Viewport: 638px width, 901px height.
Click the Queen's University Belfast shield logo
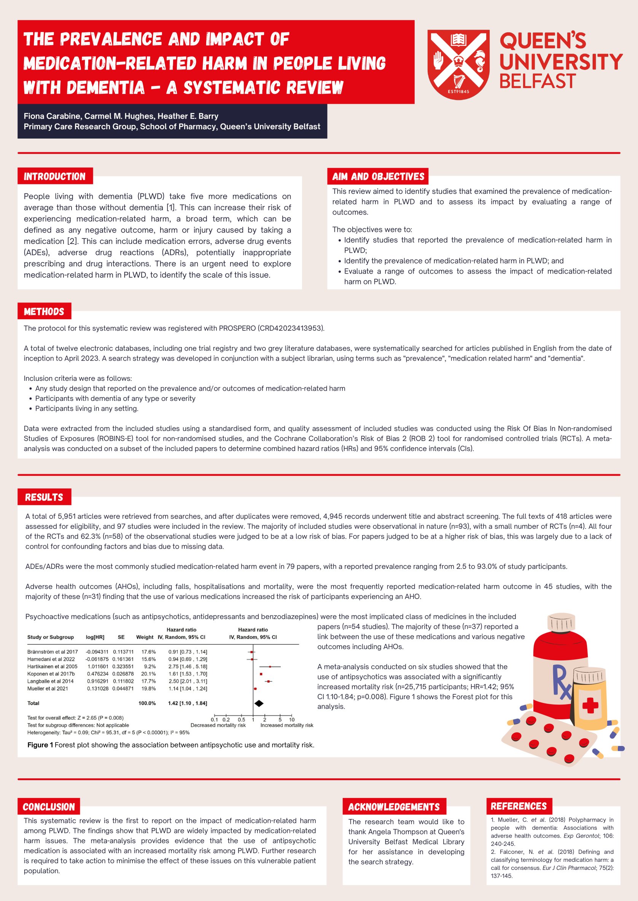pos(458,64)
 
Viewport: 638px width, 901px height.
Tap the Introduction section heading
pos(55,177)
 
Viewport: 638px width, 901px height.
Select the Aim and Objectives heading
pos(378,177)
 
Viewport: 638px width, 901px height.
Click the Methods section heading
pos(44,312)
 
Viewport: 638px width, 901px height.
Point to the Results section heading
pos(44,497)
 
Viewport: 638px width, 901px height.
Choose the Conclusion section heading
pos(49,807)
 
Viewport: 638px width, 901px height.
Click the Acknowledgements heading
pos(394,807)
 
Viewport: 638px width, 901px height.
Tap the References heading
pos(519,806)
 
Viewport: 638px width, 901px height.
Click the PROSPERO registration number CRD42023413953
pos(291,328)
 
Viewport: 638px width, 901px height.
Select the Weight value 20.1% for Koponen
pos(148,674)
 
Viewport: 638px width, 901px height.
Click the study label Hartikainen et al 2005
pos(52,666)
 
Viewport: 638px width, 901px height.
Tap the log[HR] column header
pos(95,637)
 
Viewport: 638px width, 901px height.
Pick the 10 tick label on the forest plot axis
pos(292,720)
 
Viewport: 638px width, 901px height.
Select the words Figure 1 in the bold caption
pos(40,745)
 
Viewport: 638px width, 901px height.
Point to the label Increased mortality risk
pos(287,725)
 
